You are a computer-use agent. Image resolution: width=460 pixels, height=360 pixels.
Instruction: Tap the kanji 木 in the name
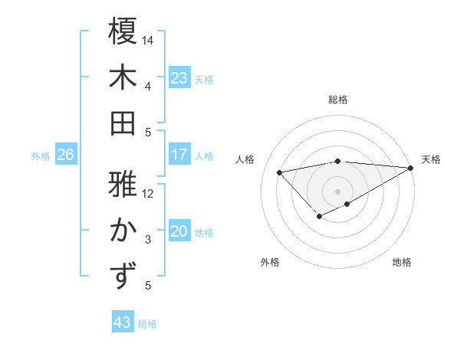(123, 77)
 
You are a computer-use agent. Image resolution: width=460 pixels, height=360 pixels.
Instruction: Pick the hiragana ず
(123, 277)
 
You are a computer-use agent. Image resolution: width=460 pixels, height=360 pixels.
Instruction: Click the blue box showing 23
(179, 78)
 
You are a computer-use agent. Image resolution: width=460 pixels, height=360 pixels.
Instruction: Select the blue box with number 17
(179, 155)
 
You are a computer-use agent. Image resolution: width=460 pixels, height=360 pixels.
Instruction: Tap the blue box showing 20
(179, 232)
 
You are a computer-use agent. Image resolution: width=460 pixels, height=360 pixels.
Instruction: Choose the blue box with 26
(66, 155)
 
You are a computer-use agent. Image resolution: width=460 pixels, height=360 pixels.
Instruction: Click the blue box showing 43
(123, 323)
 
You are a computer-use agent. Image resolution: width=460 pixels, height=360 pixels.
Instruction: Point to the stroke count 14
(148, 40)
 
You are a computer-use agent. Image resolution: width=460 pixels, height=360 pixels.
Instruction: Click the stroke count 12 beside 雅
(148, 194)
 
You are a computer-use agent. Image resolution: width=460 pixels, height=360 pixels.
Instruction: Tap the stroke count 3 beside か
(148, 240)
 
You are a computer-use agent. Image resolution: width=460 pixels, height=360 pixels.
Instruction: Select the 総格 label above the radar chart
(338, 100)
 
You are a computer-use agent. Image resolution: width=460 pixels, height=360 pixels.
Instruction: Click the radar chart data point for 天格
(410, 169)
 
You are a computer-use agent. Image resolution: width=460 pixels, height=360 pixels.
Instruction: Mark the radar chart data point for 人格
(280, 171)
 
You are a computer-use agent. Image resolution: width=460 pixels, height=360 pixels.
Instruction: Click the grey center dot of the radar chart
(338, 191)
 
